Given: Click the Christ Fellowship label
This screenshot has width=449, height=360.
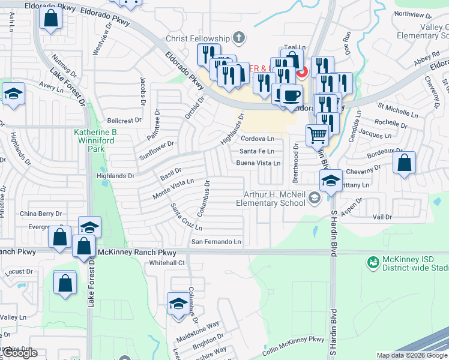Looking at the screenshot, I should tap(199, 38).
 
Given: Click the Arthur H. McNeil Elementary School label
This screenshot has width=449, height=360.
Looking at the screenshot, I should tap(274, 199).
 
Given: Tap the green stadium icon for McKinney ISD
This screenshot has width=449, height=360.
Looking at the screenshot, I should tap(372, 261).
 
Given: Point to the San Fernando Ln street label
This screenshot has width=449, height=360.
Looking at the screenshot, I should tap(216, 242).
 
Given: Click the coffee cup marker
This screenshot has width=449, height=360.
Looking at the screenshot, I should tap(292, 95).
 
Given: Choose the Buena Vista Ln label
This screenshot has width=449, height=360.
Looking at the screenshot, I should tap(258, 163).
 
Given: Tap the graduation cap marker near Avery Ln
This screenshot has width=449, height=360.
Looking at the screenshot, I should tap(13, 94).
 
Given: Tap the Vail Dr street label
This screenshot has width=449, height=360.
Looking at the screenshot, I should tap(382, 217).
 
